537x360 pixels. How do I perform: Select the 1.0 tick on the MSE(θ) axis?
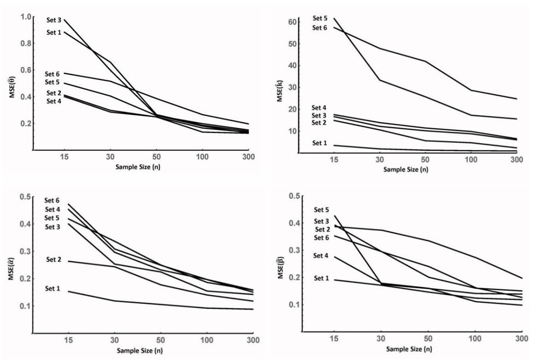coord(25,17)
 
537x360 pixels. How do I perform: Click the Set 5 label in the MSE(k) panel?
coord(320,19)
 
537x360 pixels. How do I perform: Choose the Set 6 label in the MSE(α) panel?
coord(52,200)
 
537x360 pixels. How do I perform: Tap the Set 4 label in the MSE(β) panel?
coord(321,255)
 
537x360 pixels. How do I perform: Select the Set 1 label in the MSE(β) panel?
coord(321,278)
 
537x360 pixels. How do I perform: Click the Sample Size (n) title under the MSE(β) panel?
coord(408,349)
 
